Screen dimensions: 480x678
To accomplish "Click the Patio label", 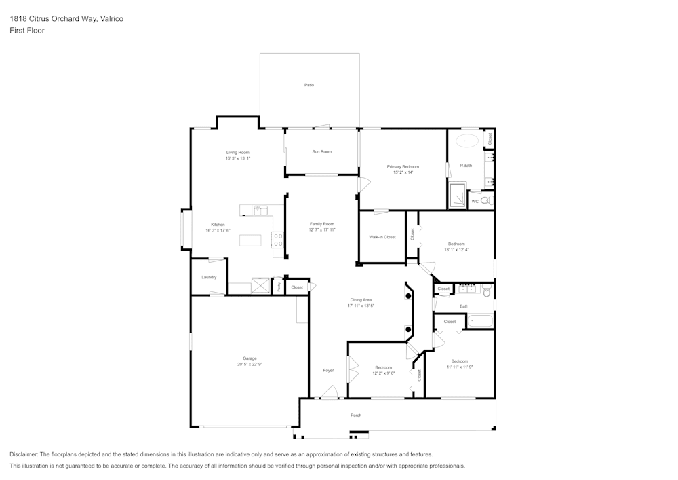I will click(308, 85).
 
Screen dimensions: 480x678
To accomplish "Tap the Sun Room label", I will click(321, 151).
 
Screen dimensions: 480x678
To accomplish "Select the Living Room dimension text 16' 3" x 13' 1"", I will click(238, 158).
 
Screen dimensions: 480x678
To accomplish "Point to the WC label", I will click(475, 202).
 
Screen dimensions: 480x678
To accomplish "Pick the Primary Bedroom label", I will click(403, 166).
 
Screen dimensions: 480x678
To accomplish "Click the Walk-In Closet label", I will click(382, 237).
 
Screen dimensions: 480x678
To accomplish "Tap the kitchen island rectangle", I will click(250, 240).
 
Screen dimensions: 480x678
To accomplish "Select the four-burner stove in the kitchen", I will click(278, 240).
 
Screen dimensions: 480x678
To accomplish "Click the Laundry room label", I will click(209, 277).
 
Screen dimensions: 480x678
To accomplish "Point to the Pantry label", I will click(279, 287).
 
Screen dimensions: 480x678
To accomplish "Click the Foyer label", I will click(328, 370).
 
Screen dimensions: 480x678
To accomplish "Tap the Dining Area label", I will click(361, 299).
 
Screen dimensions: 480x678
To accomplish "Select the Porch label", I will click(356, 415).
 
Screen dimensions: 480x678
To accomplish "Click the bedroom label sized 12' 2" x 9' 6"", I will click(383, 367).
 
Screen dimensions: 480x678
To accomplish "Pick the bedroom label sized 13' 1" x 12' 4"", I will click(456, 244).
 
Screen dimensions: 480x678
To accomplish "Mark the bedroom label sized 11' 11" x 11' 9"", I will click(460, 361).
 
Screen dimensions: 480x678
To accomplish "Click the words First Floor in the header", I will click(27, 31).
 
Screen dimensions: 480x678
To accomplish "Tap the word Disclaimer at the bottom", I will click(24, 454).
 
